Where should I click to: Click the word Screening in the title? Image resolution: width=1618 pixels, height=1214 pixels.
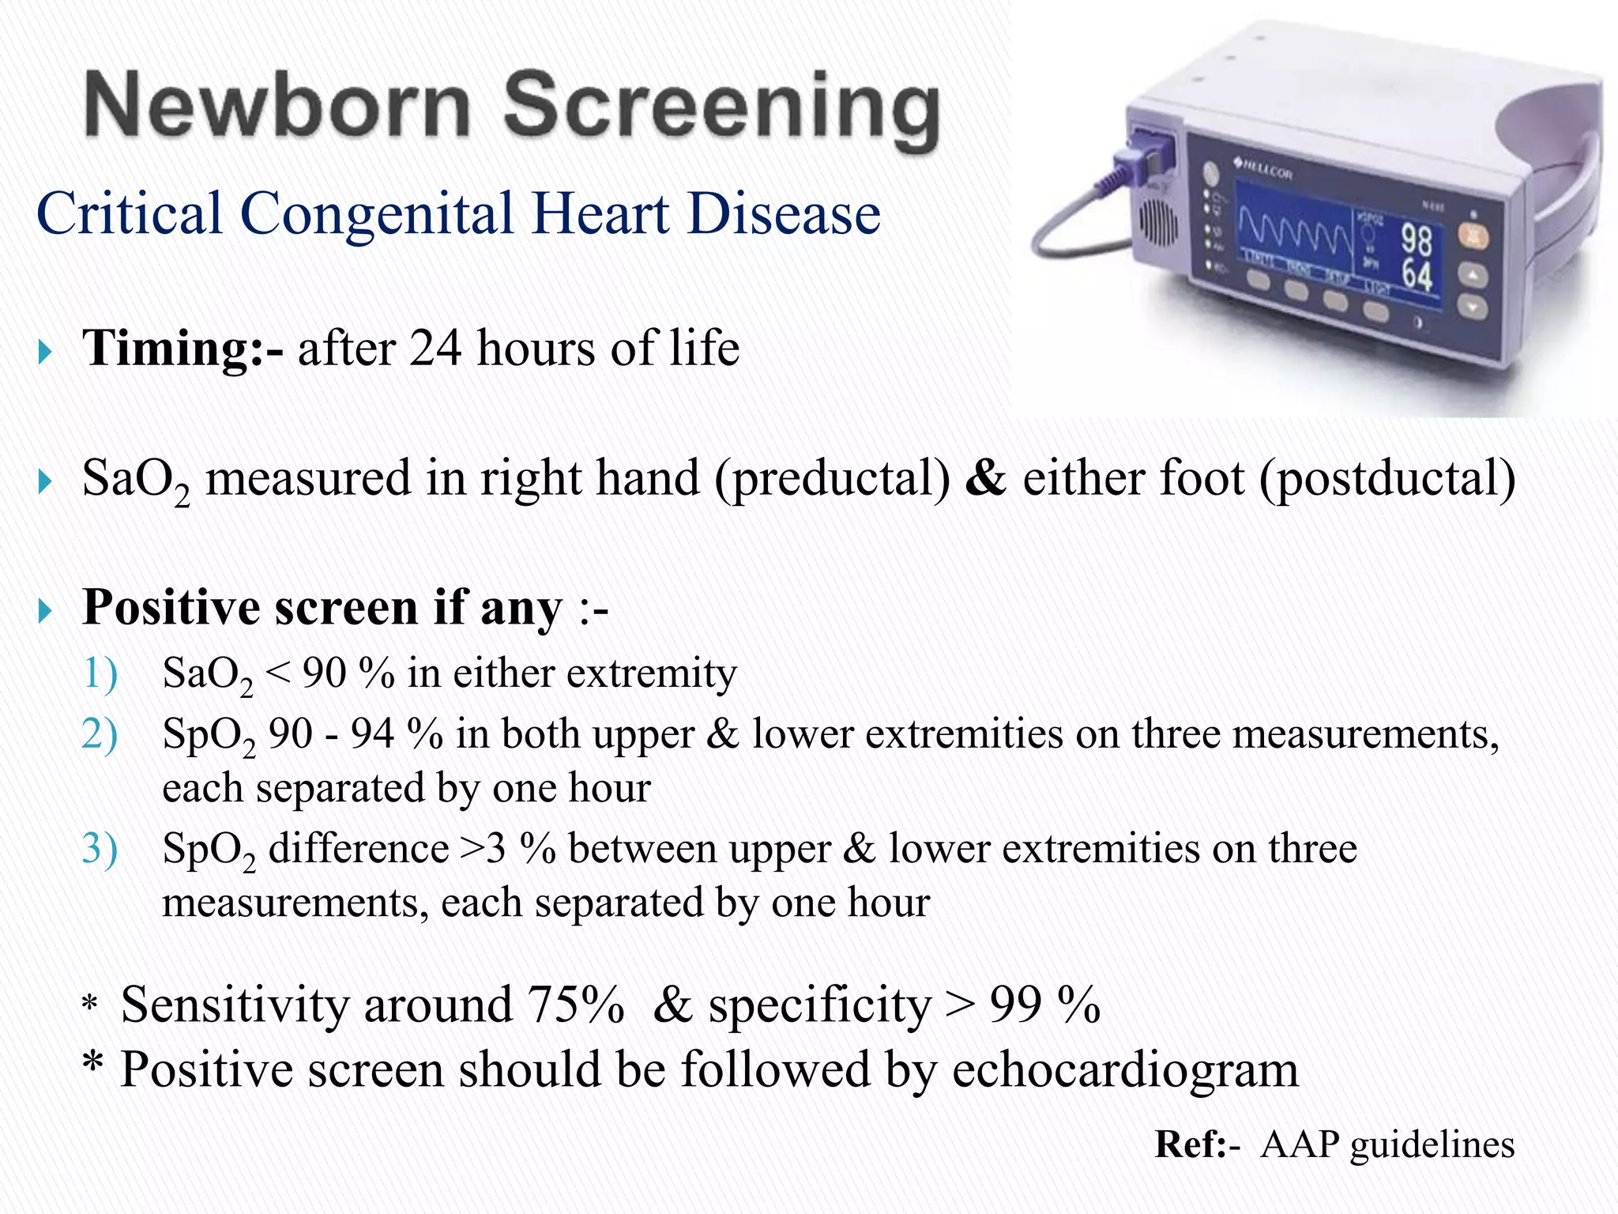coord(721,109)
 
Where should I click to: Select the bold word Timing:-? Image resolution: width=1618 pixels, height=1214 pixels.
coord(182,348)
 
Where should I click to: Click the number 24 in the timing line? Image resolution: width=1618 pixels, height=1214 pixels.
coord(435,348)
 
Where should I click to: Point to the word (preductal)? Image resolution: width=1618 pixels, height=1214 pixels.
coord(832,479)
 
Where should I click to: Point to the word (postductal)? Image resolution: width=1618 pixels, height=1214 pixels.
coord(1387,479)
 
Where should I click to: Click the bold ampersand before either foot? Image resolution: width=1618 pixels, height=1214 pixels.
coord(985,478)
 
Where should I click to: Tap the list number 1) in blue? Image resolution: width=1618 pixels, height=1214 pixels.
coord(100,673)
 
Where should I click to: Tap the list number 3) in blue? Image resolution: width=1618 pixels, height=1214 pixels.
coord(100,849)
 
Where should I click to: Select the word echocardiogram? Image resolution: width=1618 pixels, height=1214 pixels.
coord(1125,1070)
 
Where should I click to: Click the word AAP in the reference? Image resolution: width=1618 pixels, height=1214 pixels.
coord(1300,1144)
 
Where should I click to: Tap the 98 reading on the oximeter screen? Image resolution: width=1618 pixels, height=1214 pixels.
coord(1416,239)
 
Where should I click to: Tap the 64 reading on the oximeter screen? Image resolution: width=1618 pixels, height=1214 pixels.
coord(1417,276)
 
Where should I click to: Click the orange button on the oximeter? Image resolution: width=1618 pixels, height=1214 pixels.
coord(1472,236)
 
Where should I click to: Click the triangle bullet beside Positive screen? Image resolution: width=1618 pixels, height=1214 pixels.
coord(45,610)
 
